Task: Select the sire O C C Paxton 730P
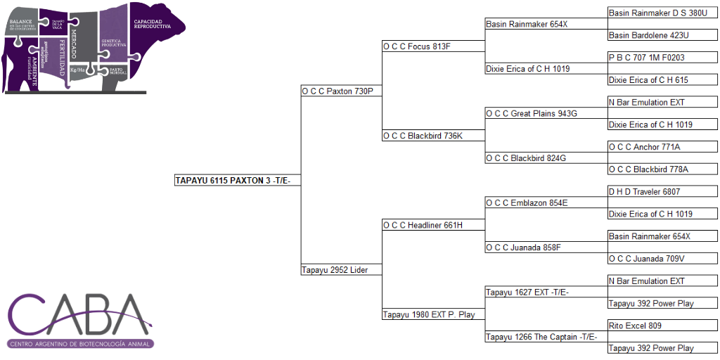pyautogui.click(x=337, y=91)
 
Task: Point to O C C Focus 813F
pyautogui.click(x=416, y=46)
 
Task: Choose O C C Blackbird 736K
pyautogui.click(x=423, y=136)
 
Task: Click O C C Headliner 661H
pyautogui.click(x=423, y=225)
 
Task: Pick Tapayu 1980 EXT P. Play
pyautogui.click(x=429, y=314)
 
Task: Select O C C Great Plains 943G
pyautogui.click(x=531, y=113)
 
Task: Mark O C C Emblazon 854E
pyautogui.click(x=527, y=203)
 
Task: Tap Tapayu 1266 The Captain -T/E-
pyautogui.click(x=541, y=337)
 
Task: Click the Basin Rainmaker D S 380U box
pyautogui.click(x=662, y=13)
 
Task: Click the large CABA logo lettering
pyautogui.click(x=81, y=315)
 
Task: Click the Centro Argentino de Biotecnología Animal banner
pyautogui.click(x=81, y=344)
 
